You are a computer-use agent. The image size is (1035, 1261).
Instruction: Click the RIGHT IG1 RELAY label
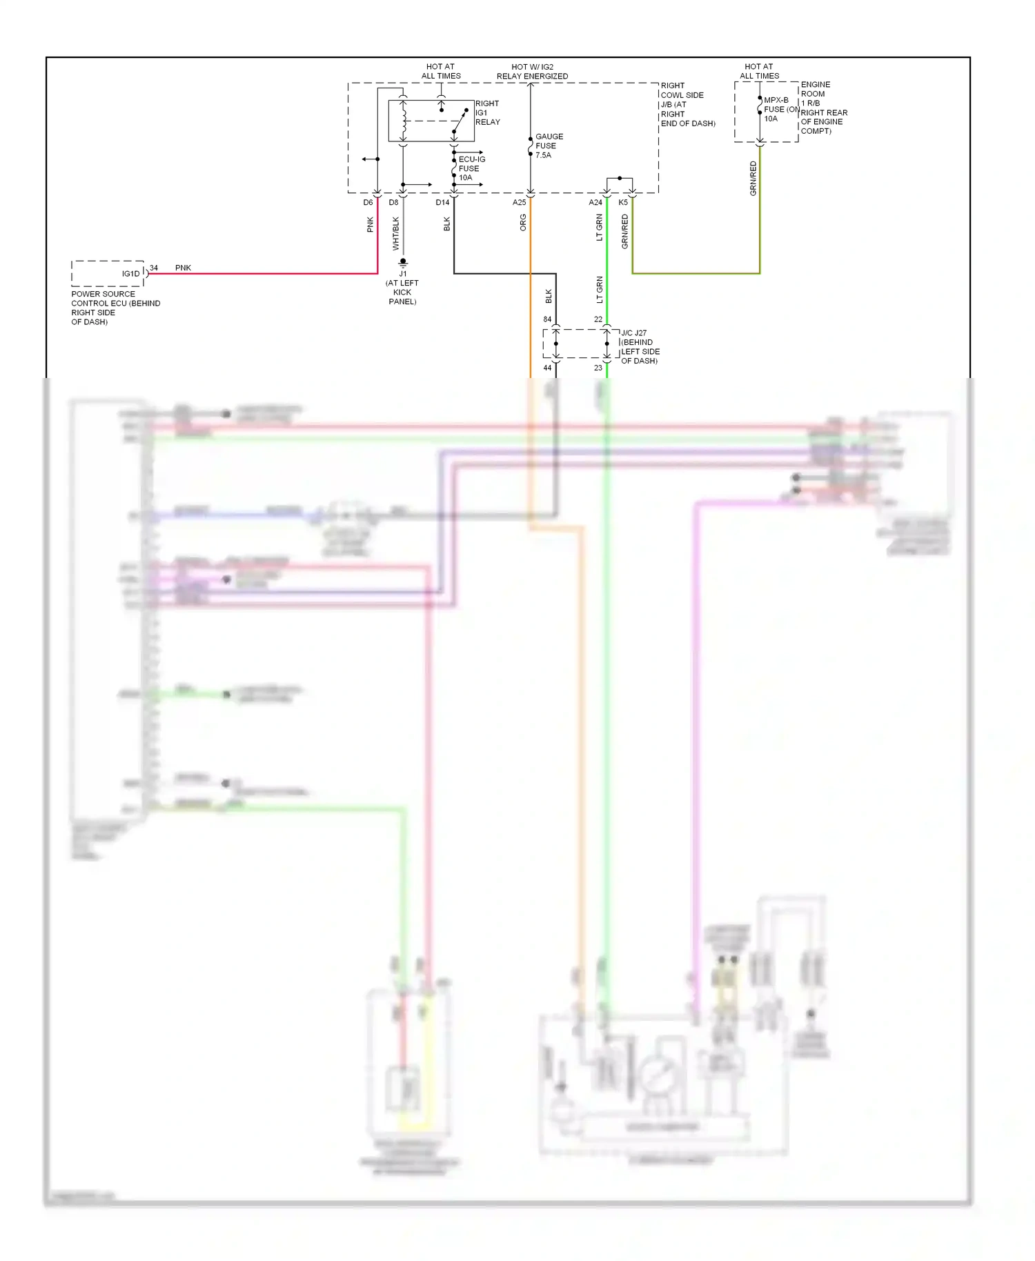click(x=487, y=112)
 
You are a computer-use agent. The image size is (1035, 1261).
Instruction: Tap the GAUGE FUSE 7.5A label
click(x=549, y=146)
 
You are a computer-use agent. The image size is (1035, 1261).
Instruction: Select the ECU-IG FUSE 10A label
click(x=471, y=168)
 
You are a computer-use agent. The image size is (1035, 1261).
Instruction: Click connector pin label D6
click(x=368, y=202)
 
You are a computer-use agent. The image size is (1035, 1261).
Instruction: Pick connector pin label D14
click(x=442, y=202)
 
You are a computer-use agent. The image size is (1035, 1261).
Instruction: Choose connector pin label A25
click(x=519, y=202)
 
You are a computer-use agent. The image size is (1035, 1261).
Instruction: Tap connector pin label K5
click(x=623, y=202)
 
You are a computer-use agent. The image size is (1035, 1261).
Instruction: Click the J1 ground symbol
click(x=403, y=263)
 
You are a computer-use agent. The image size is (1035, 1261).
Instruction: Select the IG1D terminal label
click(x=130, y=274)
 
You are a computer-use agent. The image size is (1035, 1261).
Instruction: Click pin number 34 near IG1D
click(x=154, y=268)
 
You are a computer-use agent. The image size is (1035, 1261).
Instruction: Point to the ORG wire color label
click(x=523, y=222)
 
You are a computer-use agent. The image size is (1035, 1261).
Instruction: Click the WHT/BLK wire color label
click(x=396, y=233)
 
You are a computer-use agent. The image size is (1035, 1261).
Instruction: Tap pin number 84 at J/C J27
click(x=547, y=319)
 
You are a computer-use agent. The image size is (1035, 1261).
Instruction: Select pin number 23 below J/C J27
click(x=598, y=368)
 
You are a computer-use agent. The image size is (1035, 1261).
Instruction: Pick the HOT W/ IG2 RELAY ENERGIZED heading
click(x=532, y=72)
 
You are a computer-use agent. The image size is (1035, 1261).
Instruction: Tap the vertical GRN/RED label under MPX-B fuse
click(x=753, y=178)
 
